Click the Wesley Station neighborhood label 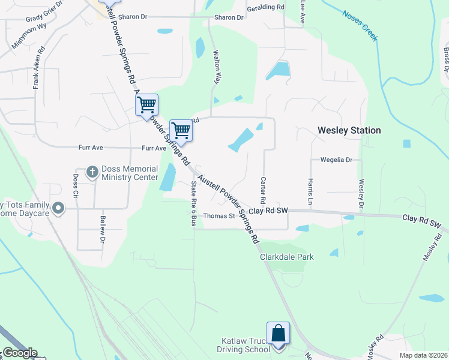[349, 130]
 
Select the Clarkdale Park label [286, 257]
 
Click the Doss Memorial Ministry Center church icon [92, 172]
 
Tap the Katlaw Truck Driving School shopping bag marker [278, 334]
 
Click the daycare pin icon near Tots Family [58, 209]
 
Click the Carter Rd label [263, 189]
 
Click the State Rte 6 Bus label [194, 203]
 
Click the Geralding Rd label [265, 7]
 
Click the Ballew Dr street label [103, 230]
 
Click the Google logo [19, 353]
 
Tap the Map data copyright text [423, 355]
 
